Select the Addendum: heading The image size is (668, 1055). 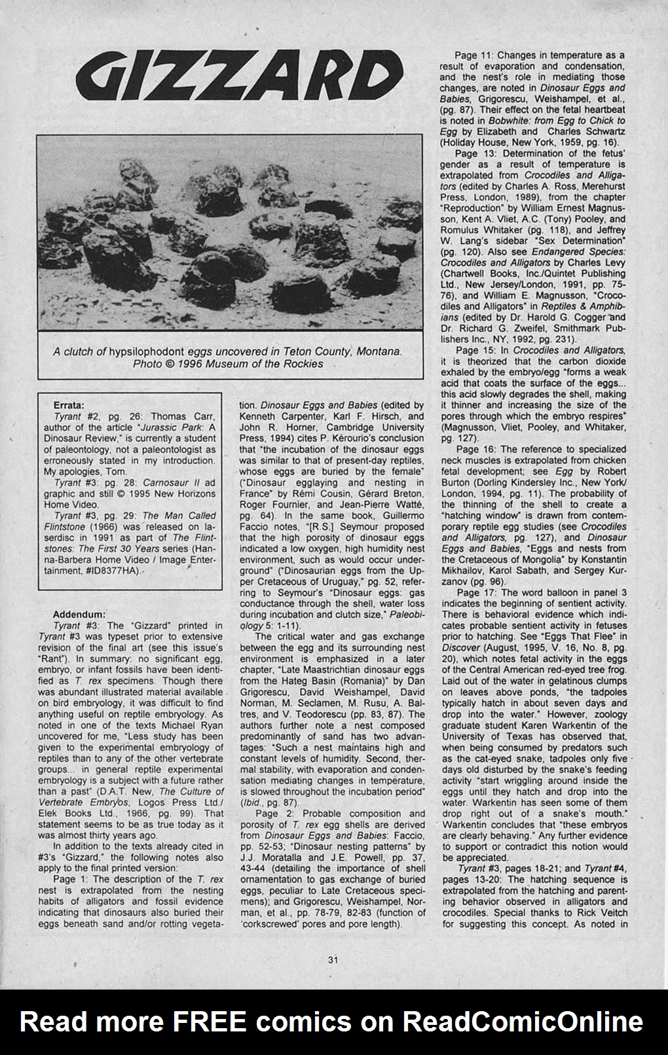[x=79, y=615]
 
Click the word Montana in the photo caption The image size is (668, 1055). [x=377, y=351]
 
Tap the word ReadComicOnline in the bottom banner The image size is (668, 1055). [x=523, y=1021]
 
